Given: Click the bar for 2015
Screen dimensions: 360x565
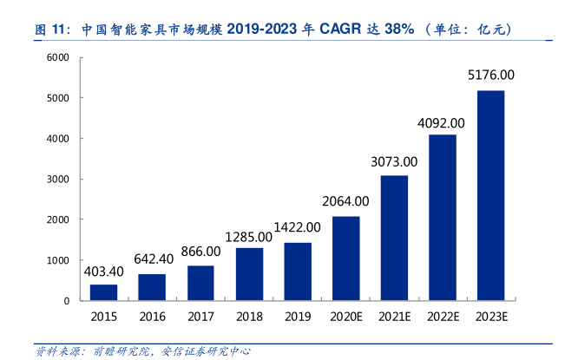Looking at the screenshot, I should click(x=103, y=292).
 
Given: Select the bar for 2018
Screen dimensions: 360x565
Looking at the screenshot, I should click(x=249, y=274).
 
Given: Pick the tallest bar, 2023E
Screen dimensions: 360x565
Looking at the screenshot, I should click(x=491, y=195).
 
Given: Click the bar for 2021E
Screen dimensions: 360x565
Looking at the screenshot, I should click(x=394, y=238).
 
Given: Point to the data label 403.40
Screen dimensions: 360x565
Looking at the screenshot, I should click(x=103, y=272).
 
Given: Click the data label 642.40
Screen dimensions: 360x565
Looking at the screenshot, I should click(x=153, y=259).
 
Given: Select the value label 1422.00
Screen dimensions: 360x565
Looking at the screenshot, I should click(x=298, y=227).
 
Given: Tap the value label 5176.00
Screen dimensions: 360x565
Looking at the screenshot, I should click(x=491, y=75).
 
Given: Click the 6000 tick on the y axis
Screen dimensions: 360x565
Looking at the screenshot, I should click(x=57, y=57).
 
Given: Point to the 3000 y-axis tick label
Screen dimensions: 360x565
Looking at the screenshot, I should click(x=57, y=180).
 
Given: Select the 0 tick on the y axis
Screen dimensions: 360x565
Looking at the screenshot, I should click(x=66, y=301).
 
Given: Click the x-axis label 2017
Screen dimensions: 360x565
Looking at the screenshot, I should click(x=200, y=317).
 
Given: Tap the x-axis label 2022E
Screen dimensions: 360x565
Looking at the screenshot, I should click(x=443, y=317).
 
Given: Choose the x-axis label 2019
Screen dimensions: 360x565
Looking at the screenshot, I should click(x=298, y=317).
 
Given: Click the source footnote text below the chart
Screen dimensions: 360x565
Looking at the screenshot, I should click(x=142, y=351).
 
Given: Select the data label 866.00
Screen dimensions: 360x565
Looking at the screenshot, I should click(x=200, y=251).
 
